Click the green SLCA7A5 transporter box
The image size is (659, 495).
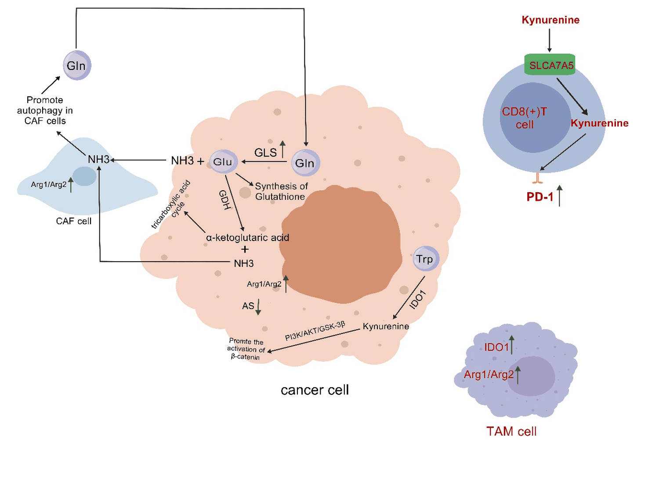(x=550, y=65)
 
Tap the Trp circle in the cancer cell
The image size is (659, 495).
(x=425, y=258)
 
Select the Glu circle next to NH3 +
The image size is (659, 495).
(x=223, y=162)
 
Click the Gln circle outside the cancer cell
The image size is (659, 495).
(x=77, y=66)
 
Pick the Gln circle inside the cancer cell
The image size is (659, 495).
(x=305, y=163)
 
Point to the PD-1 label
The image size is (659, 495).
(x=540, y=197)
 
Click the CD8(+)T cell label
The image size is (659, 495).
(x=525, y=118)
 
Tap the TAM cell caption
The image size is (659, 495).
(x=511, y=431)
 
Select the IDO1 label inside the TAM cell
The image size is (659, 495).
(x=496, y=347)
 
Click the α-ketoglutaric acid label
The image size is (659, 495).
(x=247, y=238)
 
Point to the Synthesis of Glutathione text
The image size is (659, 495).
(x=281, y=191)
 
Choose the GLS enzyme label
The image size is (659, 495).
(x=265, y=153)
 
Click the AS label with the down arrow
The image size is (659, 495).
(x=248, y=306)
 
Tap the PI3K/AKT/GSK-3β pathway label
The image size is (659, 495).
(x=315, y=331)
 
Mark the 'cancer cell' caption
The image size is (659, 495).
(x=315, y=390)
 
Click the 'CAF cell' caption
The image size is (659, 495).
(x=74, y=221)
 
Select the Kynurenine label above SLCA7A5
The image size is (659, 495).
(x=550, y=20)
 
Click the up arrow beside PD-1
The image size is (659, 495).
(x=559, y=196)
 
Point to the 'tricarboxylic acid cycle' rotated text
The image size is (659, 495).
(x=171, y=204)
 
